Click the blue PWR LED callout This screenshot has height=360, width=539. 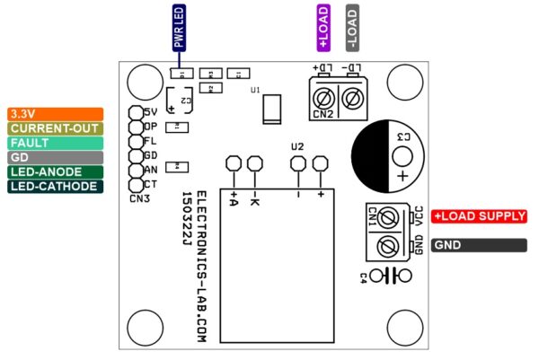click(x=179, y=26)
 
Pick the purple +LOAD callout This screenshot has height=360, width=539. click(x=323, y=26)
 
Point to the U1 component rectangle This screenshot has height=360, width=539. click(x=272, y=110)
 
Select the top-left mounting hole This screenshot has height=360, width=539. click(x=143, y=83)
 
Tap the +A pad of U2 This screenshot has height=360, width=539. click(x=234, y=163)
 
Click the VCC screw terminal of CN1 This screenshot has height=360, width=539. click(x=388, y=217)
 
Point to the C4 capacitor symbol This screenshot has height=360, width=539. click(x=387, y=275)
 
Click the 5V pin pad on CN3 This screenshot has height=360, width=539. click(x=136, y=112)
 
